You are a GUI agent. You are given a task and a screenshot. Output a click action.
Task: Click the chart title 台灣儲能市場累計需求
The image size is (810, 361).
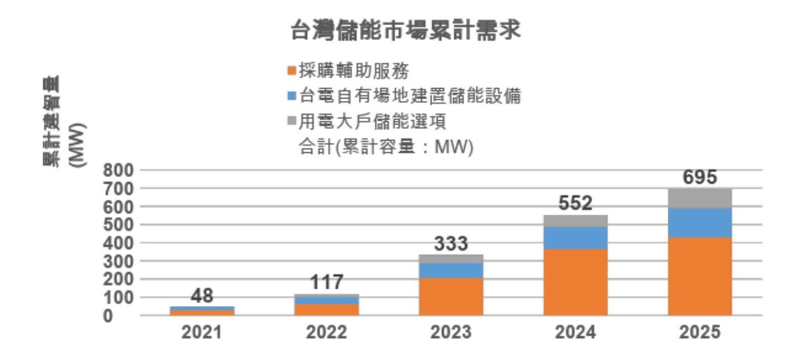click(x=406, y=30)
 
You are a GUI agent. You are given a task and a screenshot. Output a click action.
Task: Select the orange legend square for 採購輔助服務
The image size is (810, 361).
click(x=291, y=71)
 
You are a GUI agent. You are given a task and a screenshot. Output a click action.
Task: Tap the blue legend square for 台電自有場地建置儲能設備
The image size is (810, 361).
click(x=291, y=96)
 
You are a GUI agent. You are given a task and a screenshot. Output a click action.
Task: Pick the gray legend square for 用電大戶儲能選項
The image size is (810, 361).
click(x=291, y=121)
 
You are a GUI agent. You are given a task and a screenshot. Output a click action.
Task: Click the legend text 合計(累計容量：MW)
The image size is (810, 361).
click(x=386, y=147)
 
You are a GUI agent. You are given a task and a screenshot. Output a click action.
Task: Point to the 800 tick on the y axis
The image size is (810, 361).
click(x=118, y=170)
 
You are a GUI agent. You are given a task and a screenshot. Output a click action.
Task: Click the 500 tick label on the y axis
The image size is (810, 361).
click(x=118, y=225)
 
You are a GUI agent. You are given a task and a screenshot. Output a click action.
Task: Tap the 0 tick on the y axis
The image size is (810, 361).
click(x=108, y=316)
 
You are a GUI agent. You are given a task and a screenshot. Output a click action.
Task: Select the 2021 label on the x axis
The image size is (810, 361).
click(x=201, y=332)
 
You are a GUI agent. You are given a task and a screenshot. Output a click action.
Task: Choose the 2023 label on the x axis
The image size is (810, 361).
click(x=451, y=332)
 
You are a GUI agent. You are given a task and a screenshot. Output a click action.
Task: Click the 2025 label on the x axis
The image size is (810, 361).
click(x=700, y=332)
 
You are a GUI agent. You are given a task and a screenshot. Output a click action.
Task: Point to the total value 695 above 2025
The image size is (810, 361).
click(x=700, y=177)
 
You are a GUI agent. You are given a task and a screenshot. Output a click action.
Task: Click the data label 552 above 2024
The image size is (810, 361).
click(x=575, y=204)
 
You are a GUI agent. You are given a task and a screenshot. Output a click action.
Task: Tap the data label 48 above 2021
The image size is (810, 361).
click(x=201, y=296)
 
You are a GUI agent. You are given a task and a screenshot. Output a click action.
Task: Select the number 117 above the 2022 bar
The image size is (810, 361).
click(x=327, y=282)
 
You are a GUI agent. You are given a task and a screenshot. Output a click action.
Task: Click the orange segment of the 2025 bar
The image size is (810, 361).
click(x=700, y=276)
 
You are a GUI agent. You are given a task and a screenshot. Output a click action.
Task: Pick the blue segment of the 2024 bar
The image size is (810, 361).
click(x=575, y=237)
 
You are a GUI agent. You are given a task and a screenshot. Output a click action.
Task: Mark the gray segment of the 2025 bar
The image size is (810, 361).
click(x=700, y=198)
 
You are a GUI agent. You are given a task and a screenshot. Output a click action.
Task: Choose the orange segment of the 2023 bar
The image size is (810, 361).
click(x=451, y=296)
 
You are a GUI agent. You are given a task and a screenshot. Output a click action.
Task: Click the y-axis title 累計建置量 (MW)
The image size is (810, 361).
click(x=63, y=122)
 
